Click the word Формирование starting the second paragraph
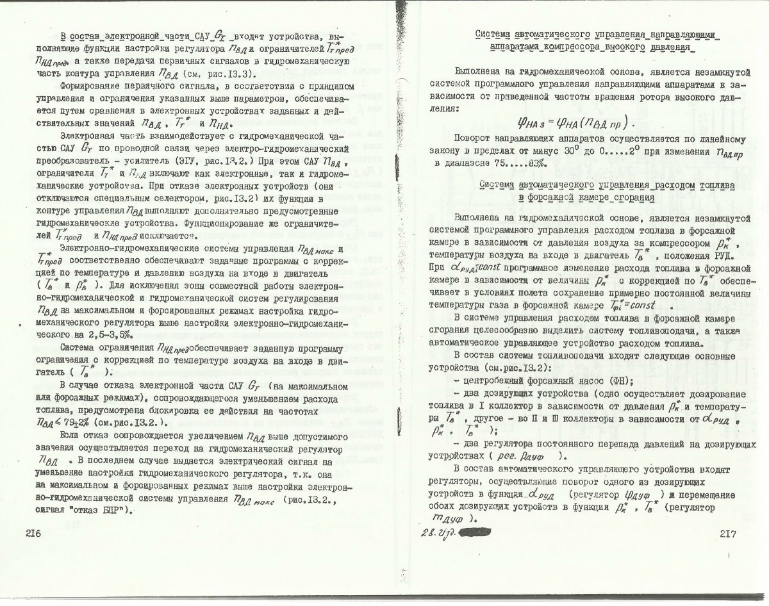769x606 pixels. pyautogui.click(x=90, y=85)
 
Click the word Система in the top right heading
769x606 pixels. pyautogui.click(x=499, y=35)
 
